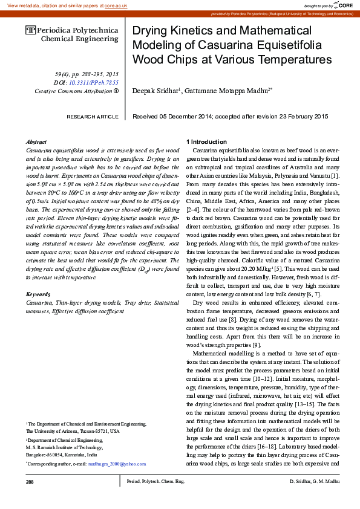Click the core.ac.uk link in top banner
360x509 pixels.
point(116,5)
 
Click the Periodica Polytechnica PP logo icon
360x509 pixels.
point(30,29)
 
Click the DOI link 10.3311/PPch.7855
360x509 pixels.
point(94,82)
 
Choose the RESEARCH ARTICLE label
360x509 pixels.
point(93,116)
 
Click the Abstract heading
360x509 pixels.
point(37,141)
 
